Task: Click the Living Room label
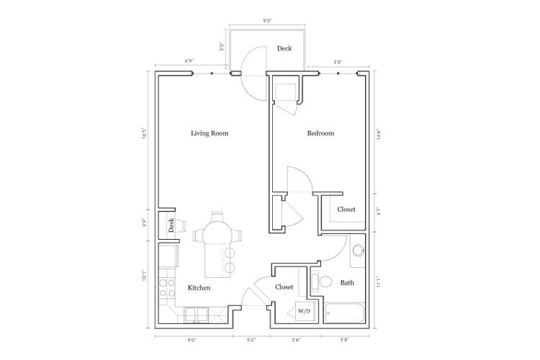pyautogui.click(x=210, y=133)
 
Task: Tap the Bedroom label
pyautogui.click(x=321, y=133)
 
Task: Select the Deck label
pyautogui.click(x=284, y=49)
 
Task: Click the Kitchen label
pyautogui.click(x=199, y=288)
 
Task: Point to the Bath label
pyautogui.click(x=347, y=283)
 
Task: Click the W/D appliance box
pyautogui.click(x=304, y=312)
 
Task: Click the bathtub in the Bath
pyautogui.click(x=345, y=313)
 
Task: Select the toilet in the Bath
pyautogui.click(x=323, y=282)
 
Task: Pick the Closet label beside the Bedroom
pyautogui.click(x=347, y=210)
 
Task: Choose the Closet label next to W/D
pyautogui.click(x=284, y=287)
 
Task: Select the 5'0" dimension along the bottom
pyautogui.click(x=251, y=338)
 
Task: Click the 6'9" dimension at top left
pyautogui.click(x=189, y=62)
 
